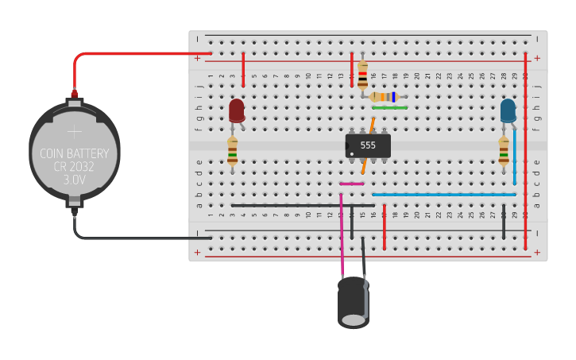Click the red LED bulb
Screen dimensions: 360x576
pyautogui.click(x=237, y=110)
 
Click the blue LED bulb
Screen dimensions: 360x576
pyautogui.click(x=508, y=110)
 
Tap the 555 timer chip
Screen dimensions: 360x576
pyautogui.click(x=368, y=145)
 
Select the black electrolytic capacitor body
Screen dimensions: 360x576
pyautogui.click(x=353, y=302)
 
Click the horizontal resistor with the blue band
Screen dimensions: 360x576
pyautogui.click(x=385, y=96)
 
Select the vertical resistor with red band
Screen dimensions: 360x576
pyautogui.click(x=362, y=75)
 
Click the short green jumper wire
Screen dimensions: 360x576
pyautogui.click(x=389, y=107)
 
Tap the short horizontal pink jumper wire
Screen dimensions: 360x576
pyautogui.click(x=351, y=184)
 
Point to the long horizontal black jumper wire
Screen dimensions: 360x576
pyautogui.click(x=302, y=205)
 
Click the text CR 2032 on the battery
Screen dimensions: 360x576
pyautogui.click(x=74, y=167)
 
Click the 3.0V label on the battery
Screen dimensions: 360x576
pyautogui.click(x=74, y=180)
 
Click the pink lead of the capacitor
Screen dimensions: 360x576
pyautogui.click(x=342, y=238)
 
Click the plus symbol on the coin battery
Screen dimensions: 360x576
pyautogui.click(x=74, y=132)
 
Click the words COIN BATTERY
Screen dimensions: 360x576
pyautogui.click(x=74, y=153)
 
